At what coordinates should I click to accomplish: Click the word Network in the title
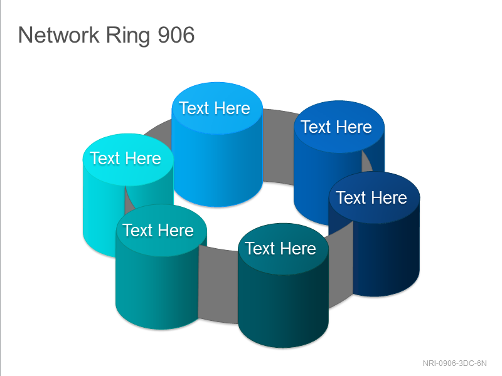[x=59, y=35]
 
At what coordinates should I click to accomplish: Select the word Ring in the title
[x=128, y=36]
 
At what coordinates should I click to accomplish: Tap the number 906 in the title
[x=176, y=35]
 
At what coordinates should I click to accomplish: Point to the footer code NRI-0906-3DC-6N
[x=454, y=363]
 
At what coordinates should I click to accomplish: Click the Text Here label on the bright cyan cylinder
[x=125, y=159]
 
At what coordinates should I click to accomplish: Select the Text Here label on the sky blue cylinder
[x=215, y=108]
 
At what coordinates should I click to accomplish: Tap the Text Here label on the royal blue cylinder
[x=336, y=127]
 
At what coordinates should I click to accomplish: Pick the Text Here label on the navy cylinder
[x=371, y=197]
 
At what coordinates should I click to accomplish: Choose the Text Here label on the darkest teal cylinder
[x=280, y=248]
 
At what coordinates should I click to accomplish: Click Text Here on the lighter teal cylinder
[x=158, y=230]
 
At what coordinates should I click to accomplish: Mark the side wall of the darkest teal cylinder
[x=283, y=307]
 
